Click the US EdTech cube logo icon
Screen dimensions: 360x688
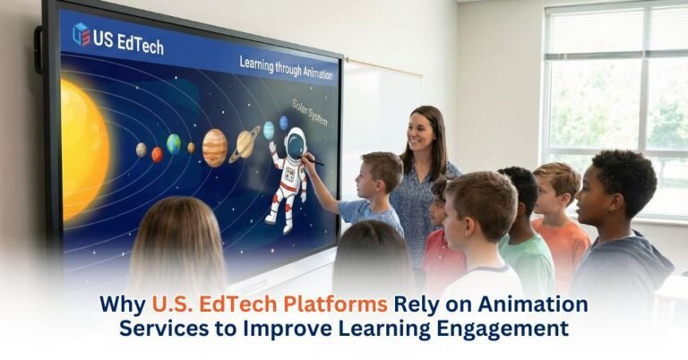pyautogui.click(x=82, y=35)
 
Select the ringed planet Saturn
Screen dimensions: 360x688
pyautogui.click(x=245, y=142)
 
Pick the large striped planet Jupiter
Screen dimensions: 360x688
pyautogui.click(x=215, y=147)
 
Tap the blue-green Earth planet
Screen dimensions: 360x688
pyautogui.click(x=174, y=143)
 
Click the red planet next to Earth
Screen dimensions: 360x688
pyautogui.click(x=158, y=154)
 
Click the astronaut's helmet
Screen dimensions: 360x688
pyautogui.click(x=294, y=143)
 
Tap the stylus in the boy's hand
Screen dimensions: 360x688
pyautogui.click(x=314, y=161)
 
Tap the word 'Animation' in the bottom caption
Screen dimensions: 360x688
pyautogui.click(x=530, y=304)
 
